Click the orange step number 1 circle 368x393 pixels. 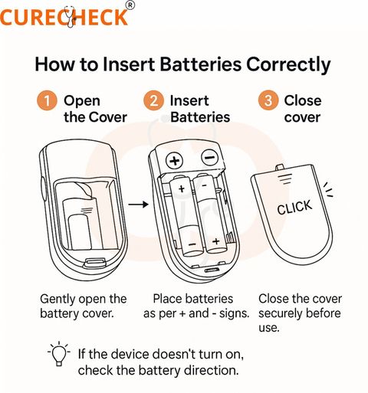[47, 100]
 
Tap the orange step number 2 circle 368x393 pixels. [153, 100]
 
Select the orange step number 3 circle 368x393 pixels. [268, 100]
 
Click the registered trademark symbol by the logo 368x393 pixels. [130, 5]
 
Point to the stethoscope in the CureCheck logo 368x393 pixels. [70, 17]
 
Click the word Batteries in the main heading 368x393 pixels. [201, 64]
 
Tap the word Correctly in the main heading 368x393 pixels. [288, 65]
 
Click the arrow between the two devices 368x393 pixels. [138, 205]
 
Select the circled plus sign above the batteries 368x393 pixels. [175, 161]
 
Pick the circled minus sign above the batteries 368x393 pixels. [210, 158]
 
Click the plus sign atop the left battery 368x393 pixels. [182, 188]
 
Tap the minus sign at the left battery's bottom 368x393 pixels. [192, 244]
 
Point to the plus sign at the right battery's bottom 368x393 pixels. [216, 241]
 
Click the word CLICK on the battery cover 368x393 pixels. [294, 207]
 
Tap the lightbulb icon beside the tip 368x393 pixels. [59, 354]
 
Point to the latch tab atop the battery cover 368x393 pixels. [280, 167]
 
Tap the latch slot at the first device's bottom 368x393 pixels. [94, 262]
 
